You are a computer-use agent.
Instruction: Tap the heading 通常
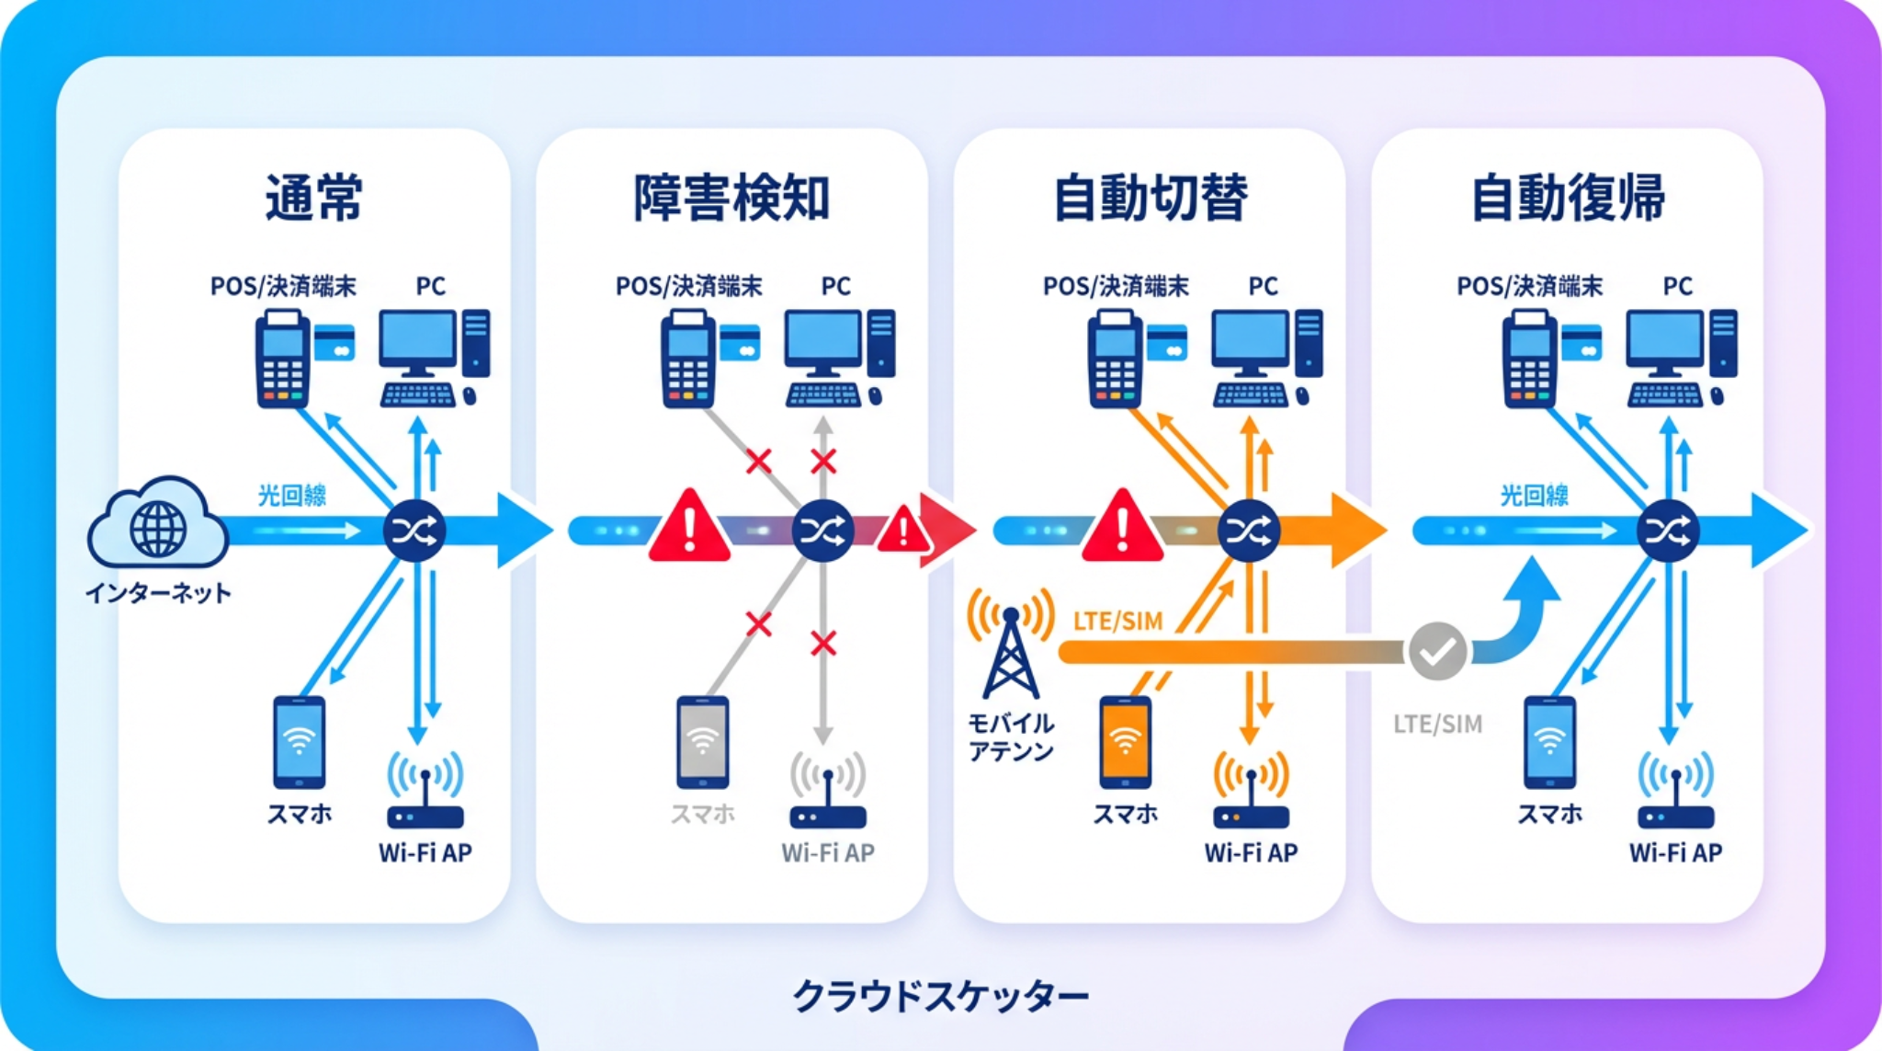[314, 198]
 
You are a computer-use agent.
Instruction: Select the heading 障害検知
[731, 198]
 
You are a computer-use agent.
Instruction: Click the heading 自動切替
[1150, 198]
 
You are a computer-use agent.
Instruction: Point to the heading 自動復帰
[1568, 198]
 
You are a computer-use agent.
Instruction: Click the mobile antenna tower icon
[1011, 648]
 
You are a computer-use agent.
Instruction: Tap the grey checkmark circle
[1437, 651]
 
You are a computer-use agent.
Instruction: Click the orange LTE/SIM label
[1117, 622]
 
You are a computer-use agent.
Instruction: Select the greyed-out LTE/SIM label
[1437, 725]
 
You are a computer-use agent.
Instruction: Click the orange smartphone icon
[1125, 742]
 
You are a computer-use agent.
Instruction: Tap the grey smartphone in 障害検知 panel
[703, 742]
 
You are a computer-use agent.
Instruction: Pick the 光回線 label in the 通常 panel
[291, 496]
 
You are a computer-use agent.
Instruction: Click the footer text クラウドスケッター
[940, 996]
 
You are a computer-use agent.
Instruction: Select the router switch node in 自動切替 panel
[1249, 531]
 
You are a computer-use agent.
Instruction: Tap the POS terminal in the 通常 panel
[282, 360]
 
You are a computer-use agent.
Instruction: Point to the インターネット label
[158, 593]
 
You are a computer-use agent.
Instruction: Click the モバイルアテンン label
[1011, 737]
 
